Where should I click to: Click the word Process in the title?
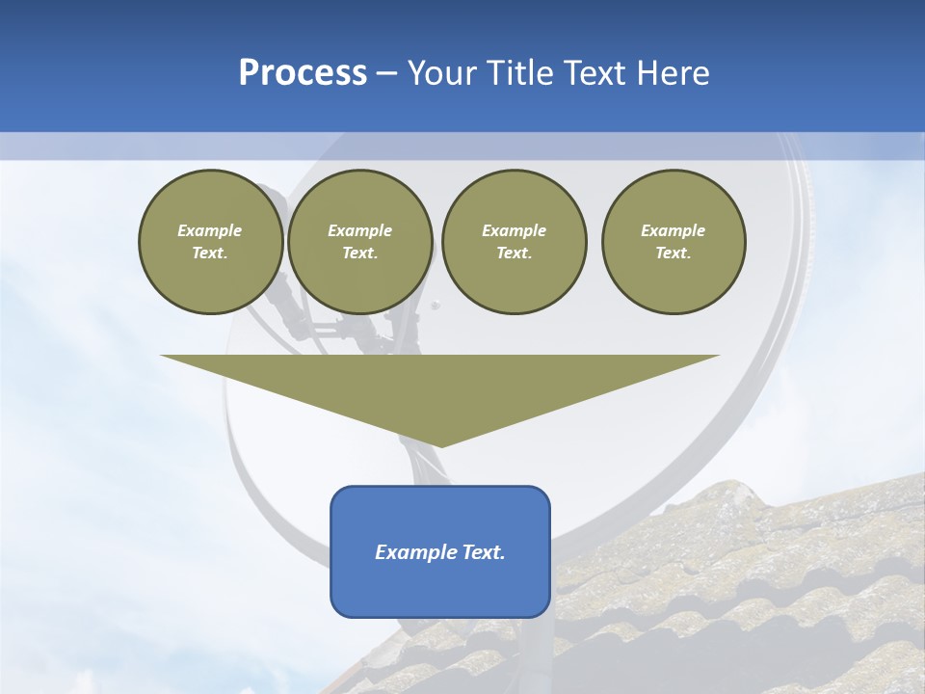point(303,73)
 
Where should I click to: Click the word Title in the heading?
point(519,73)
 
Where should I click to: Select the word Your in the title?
point(444,73)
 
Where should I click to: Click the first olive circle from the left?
point(210,242)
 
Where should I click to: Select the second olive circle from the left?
point(359,242)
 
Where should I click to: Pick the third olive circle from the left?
point(514,242)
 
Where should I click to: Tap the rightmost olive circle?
point(674,242)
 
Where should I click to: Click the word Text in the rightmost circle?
point(673,254)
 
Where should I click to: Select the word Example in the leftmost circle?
point(210,231)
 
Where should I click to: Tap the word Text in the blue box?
point(481,552)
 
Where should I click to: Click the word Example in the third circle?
point(514,231)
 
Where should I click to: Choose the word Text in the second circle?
point(359,254)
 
